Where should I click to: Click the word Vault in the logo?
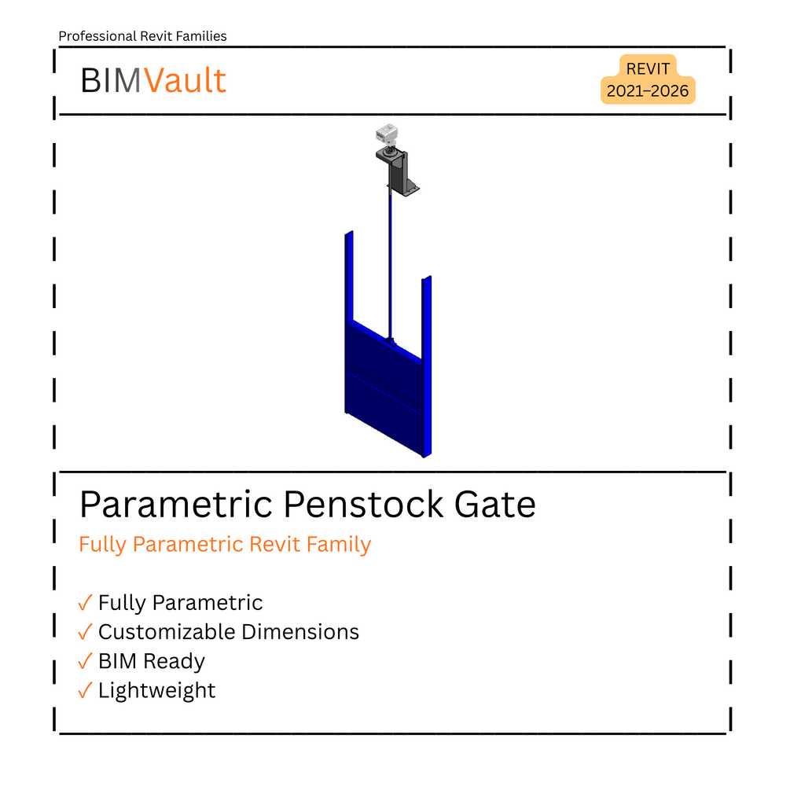tap(186, 81)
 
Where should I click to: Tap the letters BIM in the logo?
tap(111, 81)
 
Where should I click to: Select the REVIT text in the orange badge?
tap(648, 68)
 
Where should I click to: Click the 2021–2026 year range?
tap(648, 91)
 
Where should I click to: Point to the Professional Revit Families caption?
tap(142, 36)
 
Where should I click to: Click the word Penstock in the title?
tap(363, 505)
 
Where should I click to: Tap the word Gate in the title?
tap(494, 505)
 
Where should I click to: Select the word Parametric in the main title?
tap(176, 505)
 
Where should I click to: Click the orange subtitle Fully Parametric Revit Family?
tap(225, 545)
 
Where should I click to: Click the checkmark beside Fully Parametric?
tap(85, 603)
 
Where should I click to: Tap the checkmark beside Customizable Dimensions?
tap(85, 632)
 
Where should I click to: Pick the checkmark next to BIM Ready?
tap(85, 661)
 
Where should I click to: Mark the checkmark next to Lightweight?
tap(85, 690)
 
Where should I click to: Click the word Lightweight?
tap(156, 691)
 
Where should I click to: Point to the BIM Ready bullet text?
tap(152, 662)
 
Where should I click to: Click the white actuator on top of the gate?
tap(387, 134)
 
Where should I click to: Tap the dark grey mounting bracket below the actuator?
tap(398, 172)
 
